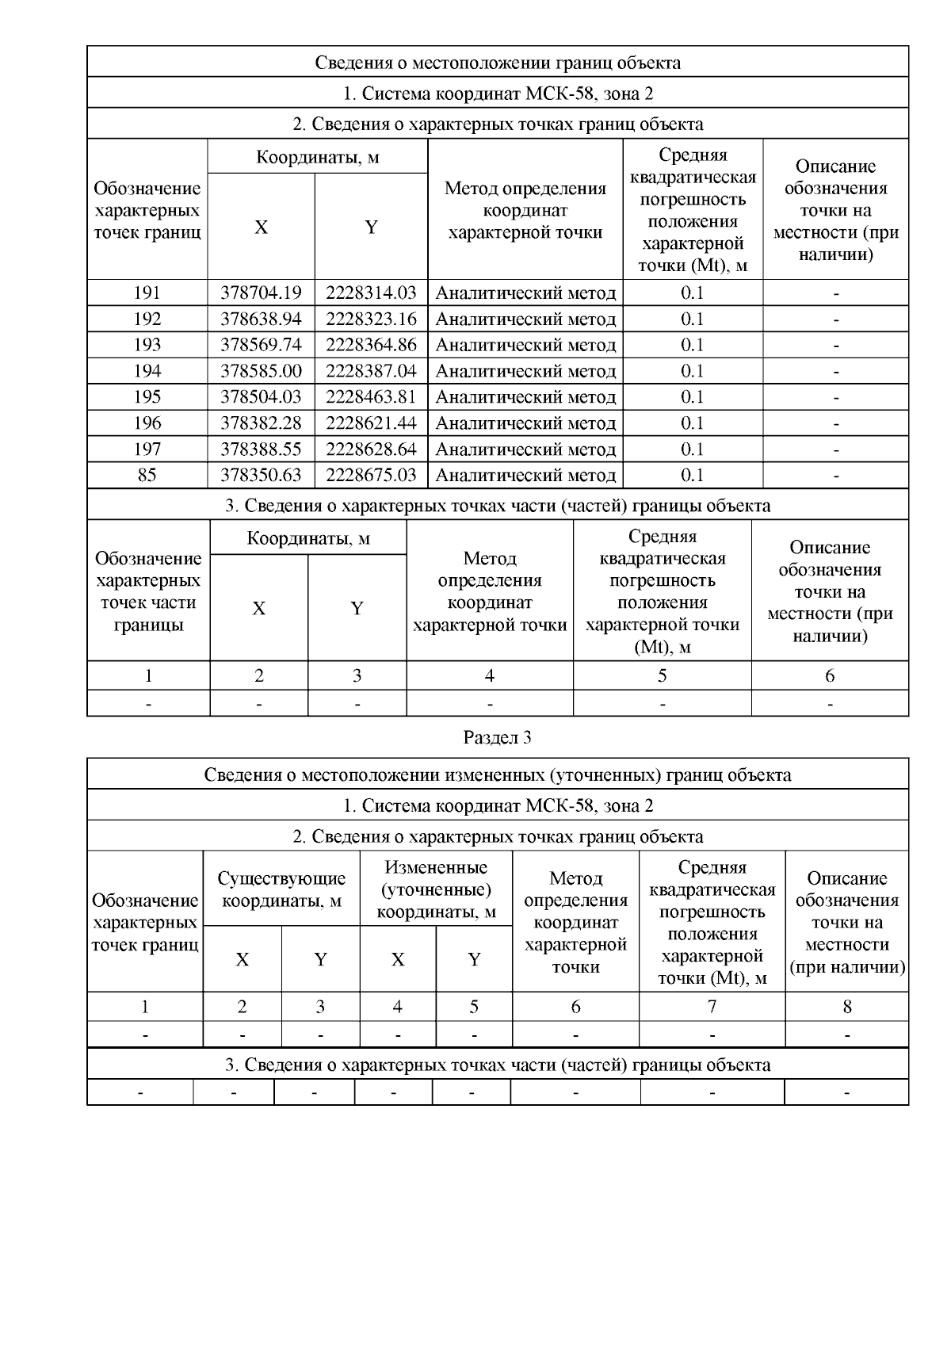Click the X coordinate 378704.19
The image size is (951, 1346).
261,293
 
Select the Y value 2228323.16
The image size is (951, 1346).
371,319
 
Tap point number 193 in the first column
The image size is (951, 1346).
147,345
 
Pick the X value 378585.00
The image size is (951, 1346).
261,371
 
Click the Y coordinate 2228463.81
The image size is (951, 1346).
371,396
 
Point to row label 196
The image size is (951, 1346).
147,423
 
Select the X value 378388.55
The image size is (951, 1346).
261,449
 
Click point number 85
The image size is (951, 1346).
147,475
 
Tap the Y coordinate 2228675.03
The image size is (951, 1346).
371,475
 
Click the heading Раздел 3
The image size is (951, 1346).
497,737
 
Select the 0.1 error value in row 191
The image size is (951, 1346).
692,293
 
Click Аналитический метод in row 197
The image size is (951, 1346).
525,449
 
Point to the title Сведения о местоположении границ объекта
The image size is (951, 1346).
497,63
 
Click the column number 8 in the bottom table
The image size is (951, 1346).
846,1007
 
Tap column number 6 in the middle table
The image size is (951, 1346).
829,675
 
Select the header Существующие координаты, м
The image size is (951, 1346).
281,889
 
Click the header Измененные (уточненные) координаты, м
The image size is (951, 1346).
436,889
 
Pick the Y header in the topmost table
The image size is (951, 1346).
371,228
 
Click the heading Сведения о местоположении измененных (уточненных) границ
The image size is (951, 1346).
497,774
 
